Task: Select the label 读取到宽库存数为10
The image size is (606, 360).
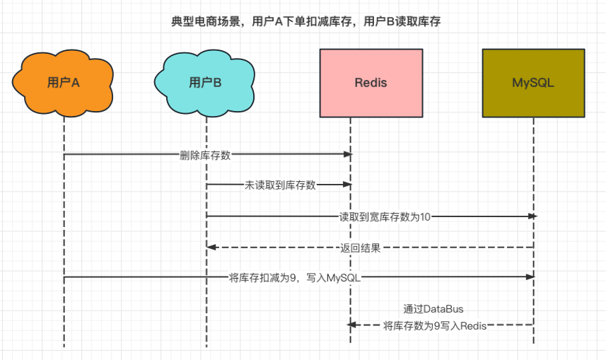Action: [x=385, y=216]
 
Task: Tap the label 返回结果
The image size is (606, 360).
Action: [x=361, y=248]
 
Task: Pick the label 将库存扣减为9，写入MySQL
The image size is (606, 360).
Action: [x=295, y=278]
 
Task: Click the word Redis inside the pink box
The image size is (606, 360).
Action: [x=371, y=83]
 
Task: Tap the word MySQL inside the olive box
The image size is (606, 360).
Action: [x=533, y=83]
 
